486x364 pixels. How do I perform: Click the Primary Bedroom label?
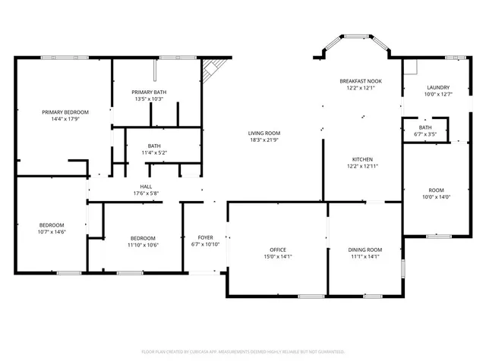coord(65,111)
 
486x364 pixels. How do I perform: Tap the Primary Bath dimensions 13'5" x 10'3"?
coord(149,99)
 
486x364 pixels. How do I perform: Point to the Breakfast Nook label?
coord(360,80)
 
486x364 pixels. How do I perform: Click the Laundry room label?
coord(438,87)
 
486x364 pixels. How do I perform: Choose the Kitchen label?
coord(362,159)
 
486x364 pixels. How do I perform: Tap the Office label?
coord(278,249)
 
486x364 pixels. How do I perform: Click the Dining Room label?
coord(364,249)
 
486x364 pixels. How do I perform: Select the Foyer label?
coord(205,237)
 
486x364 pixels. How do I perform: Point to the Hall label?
coord(146,187)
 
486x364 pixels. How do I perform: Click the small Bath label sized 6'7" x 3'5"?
coord(425,127)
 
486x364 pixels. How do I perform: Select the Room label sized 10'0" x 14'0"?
coord(436,190)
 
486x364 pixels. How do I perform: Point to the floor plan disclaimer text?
coord(243,352)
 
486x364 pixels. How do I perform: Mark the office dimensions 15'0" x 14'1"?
coord(278,256)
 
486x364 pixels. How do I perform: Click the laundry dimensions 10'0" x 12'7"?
coord(438,94)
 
